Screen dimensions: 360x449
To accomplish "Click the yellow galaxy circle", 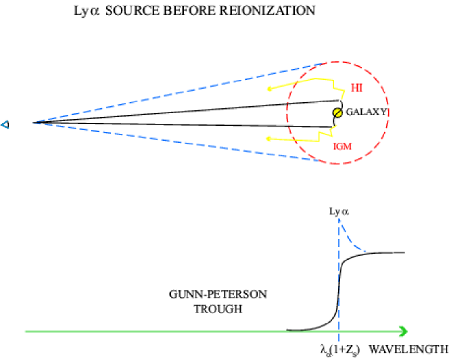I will pos(337,112).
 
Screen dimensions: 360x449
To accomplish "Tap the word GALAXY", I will pos(367,112).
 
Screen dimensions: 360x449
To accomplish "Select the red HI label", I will pos(357,87).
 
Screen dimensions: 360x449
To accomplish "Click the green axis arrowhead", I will pos(403,331).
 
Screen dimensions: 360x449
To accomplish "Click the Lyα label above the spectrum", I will pos(339,211).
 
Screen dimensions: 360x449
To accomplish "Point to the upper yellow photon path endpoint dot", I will pos(269,89).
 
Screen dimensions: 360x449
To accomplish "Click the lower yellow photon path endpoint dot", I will pos(269,139).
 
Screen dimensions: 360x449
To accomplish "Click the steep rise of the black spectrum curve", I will pos(338,284).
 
